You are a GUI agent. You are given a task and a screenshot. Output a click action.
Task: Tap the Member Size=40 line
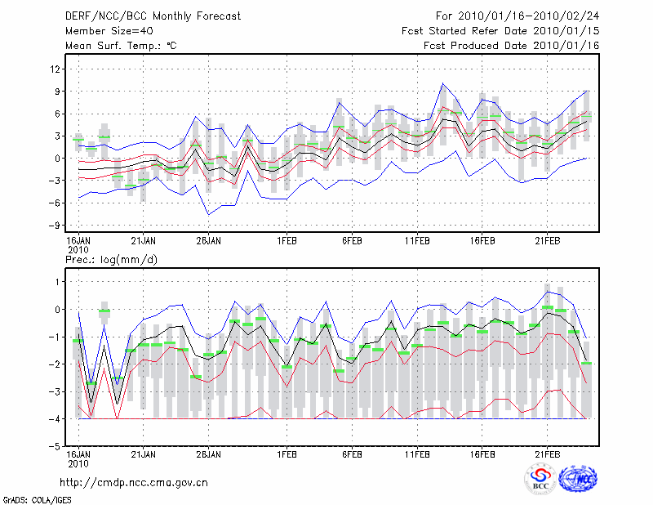(103, 31)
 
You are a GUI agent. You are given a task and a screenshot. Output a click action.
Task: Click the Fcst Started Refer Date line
(500, 31)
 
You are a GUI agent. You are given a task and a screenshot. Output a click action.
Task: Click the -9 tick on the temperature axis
(56, 226)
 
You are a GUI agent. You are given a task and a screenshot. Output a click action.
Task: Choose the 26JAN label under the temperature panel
(208, 241)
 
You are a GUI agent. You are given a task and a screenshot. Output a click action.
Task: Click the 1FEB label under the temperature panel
(287, 241)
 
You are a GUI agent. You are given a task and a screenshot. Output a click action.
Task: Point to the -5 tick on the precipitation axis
(56, 447)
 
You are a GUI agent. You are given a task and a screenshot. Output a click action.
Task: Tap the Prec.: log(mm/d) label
(111, 260)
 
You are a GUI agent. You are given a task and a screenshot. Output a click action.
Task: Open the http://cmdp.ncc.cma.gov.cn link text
(134, 482)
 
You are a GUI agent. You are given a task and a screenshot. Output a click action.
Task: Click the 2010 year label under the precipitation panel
(78, 463)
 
